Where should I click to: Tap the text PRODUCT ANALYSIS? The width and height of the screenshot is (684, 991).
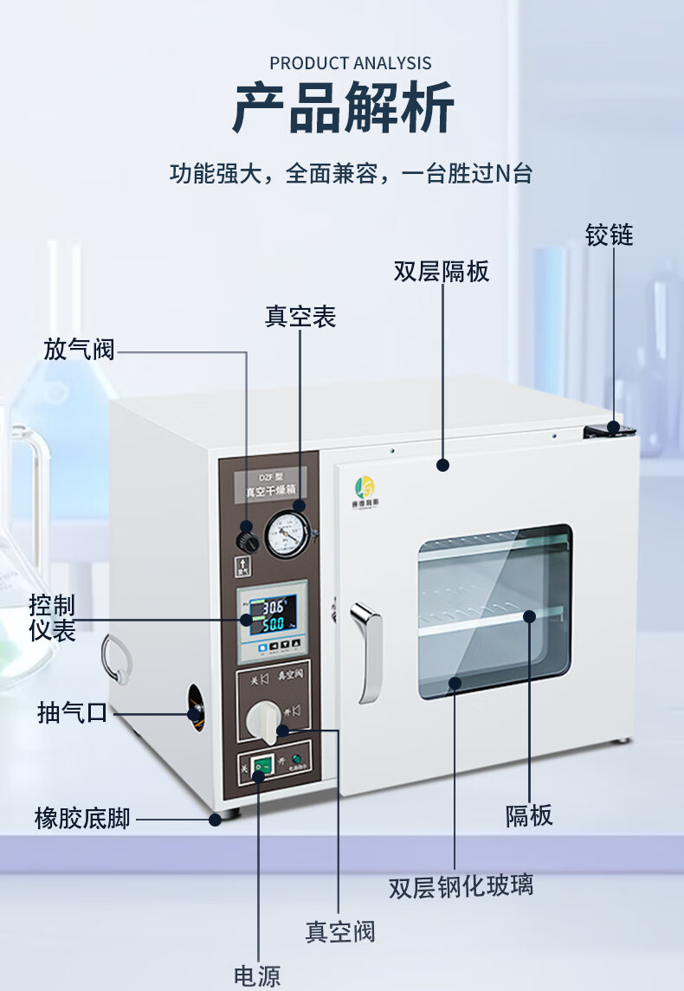(x=350, y=63)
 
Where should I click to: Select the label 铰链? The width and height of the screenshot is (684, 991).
(x=610, y=235)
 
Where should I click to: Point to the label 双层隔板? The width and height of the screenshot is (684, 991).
(x=442, y=272)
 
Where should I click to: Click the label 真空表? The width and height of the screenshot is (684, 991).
(x=300, y=317)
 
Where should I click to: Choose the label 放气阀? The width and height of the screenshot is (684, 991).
(x=79, y=350)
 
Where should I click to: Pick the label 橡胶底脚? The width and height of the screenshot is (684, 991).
(x=82, y=818)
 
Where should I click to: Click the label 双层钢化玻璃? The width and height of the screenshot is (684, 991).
(x=461, y=886)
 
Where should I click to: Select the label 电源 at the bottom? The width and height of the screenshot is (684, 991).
(x=257, y=975)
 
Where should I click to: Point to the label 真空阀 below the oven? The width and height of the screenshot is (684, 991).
(x=339, y=931)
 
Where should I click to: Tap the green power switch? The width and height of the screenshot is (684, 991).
(x=259, y=767)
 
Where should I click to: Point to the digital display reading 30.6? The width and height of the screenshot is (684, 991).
(x=273, y=608)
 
